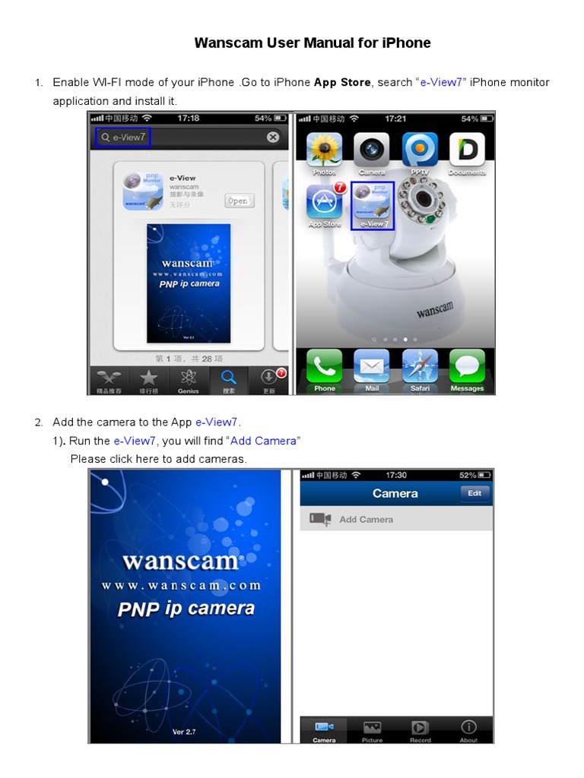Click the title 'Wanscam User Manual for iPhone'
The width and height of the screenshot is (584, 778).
click(x=313, y=43)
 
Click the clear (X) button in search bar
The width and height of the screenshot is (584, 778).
click(x=272, y=138)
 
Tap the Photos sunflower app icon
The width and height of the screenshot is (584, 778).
click(x=324, y=151)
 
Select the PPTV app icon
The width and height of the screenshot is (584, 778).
click(x=420, y=151)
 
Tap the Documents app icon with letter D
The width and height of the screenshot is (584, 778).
click(x=467, y=151)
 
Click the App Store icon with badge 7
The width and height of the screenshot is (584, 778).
click(x=325, y=203)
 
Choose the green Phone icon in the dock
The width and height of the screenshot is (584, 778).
click(x=325, y=368)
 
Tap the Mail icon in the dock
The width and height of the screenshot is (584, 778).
click(x=372, y=368)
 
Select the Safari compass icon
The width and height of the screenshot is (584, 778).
click(x=420, y=368)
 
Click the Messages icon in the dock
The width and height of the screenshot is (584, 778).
click(x=467, y=368)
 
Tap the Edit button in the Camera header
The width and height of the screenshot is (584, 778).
click(x=474, y=493)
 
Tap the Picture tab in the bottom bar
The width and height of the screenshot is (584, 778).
click(x=372, y=730)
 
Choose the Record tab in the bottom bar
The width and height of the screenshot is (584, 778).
click(x=420, y=730)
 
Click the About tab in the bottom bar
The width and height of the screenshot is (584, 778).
click(x=468, y=730)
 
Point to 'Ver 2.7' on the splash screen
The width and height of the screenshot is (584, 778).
click(x=185, y=732)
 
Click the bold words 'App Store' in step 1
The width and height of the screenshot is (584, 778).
click(x=342, y=82)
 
